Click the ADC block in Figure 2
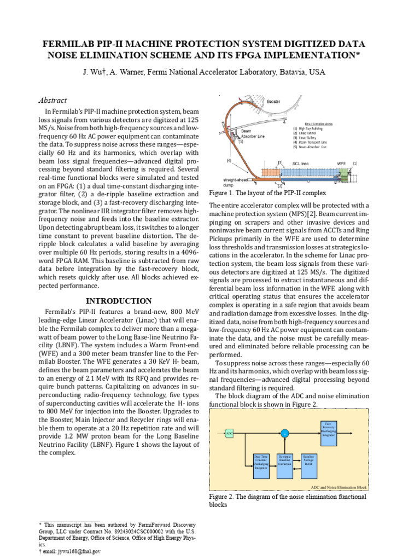(229, 433)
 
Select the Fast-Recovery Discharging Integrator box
(328, 429)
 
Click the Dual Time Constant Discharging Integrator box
(261, 463)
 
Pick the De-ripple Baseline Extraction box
(285, 463)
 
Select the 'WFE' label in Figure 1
(341, 163)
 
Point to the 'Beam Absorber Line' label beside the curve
(253, 134)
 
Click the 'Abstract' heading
(53, 100)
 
